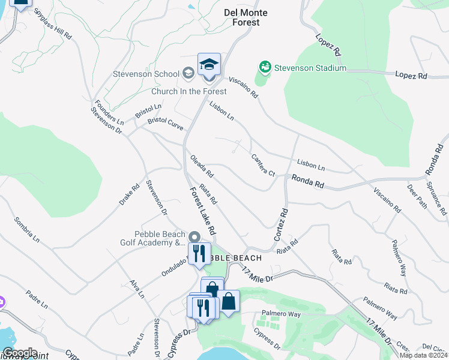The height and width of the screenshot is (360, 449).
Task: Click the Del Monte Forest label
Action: tap(246, 17)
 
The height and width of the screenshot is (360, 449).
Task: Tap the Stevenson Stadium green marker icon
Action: tap(264, 67)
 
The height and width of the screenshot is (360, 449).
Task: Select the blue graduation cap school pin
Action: tap(209, 65)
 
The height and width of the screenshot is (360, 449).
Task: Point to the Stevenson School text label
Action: tap(146, 74)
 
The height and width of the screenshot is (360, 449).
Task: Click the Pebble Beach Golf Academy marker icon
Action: tap(193, 238)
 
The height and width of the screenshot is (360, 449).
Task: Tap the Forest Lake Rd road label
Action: tap(202, 211)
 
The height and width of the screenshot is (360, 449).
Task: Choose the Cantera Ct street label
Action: tap(263, 165)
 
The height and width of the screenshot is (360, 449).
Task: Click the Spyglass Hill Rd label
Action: tap(52, 24)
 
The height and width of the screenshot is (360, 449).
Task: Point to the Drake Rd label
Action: tap(129, 193)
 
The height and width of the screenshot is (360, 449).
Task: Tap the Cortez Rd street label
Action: tap(281, 225)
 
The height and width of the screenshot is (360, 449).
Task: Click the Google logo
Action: tap(19, 353)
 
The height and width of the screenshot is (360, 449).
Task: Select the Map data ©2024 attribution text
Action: tap(423, 355)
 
